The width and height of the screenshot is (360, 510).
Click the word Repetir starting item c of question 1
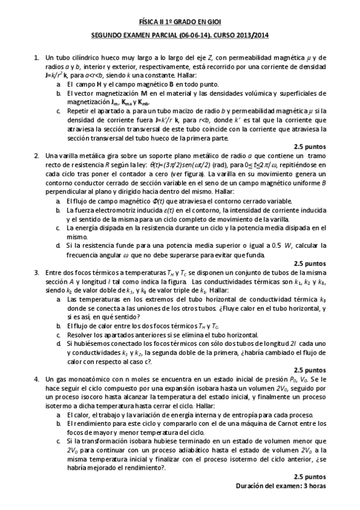(x=78, y=112)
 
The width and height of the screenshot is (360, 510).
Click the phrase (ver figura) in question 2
(x=188, y=174)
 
